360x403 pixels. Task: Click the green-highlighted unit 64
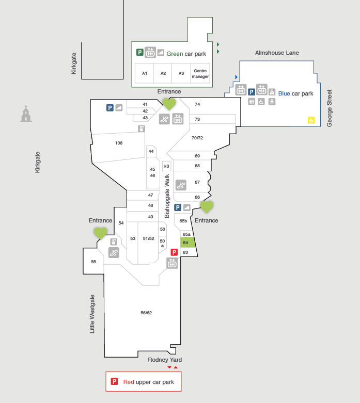coord(187,243)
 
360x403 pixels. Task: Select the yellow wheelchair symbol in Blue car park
coord(311,120)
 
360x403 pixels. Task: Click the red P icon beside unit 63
coord(174,252)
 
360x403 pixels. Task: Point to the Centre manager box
coord(200,73)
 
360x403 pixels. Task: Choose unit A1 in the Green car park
coord(144,73)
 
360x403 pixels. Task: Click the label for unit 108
coord(119,143)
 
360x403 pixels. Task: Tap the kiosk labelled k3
coord(166,166)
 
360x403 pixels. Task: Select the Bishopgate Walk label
coord(167,196)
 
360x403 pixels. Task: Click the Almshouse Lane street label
coord(277,53)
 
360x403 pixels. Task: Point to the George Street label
coord(330,108)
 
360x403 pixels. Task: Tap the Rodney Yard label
coord(165,360)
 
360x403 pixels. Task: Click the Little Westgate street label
coord(92,314)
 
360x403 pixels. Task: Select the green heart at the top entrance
coord(169,104)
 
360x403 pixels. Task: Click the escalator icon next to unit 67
coord(181,185)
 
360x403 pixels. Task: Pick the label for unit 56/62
coord(146,313)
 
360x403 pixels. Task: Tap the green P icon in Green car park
coord(140,53)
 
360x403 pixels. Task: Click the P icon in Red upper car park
coord(114,381)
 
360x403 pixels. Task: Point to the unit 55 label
coord(93,262)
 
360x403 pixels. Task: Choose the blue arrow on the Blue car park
coord(236,77)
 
